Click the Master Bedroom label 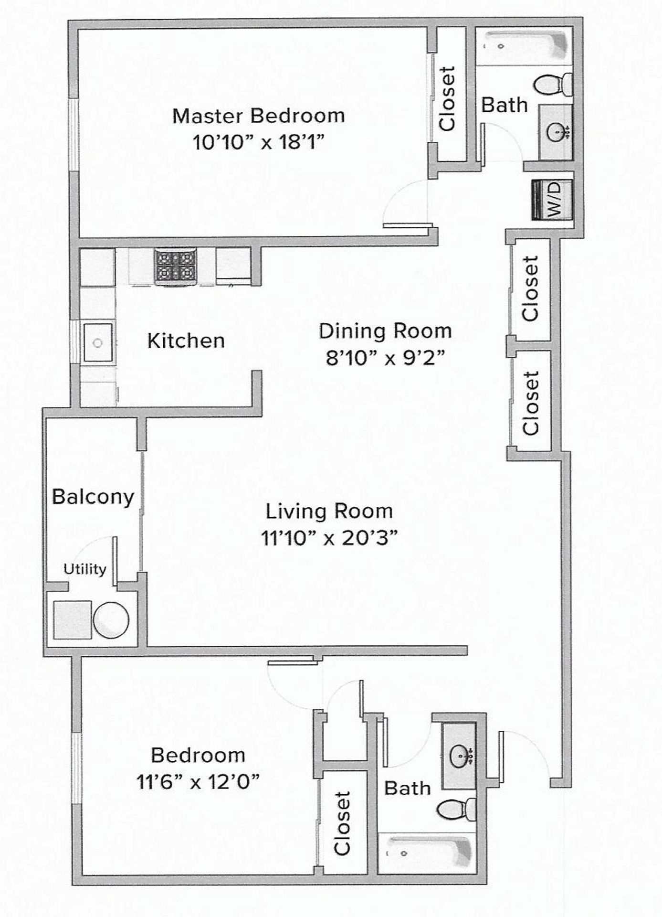point(258,116)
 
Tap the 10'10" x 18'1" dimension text point(258,142)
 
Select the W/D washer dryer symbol point(553,199)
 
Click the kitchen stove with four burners point(175,267)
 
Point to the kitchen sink point(98,342)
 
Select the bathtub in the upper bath point(524,46)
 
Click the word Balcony point(93,497)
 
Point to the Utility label point(84,569)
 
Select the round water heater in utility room point(111,620)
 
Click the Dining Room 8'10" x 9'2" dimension point(385,357)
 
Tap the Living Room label point(329,511)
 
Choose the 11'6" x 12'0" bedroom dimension point(198,782)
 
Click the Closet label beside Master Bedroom point(448,98)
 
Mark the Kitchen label point(186,341)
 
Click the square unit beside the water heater point(72,619)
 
